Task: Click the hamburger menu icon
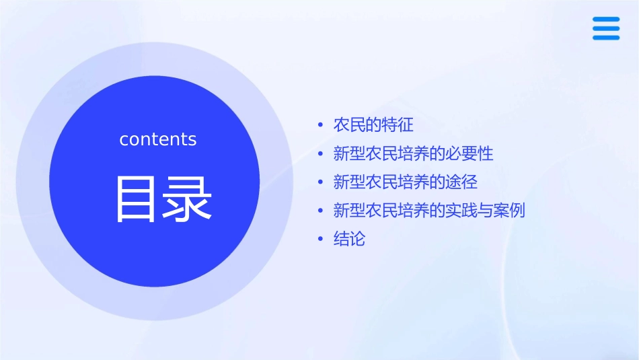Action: point(606,28)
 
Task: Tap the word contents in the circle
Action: point(158,139)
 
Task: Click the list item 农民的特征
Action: point(373,125)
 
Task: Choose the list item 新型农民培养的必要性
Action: point(413,153)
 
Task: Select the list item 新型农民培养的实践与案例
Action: point(429,210)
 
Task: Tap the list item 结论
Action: point(349,239)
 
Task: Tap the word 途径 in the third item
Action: point(461,182)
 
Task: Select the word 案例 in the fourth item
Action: point(509,210)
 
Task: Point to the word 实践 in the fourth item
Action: point(461,210)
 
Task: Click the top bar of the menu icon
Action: point(606,19)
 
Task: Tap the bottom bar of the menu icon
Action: point(606,38)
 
